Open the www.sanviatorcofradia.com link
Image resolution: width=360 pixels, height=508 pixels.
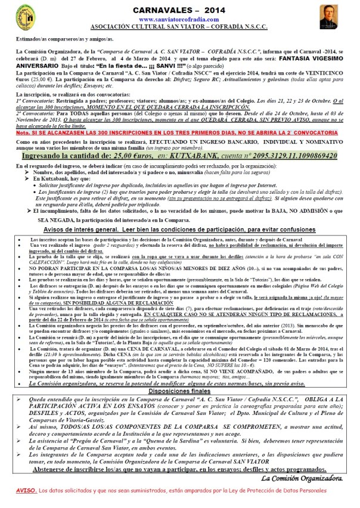[x=179, y=20]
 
